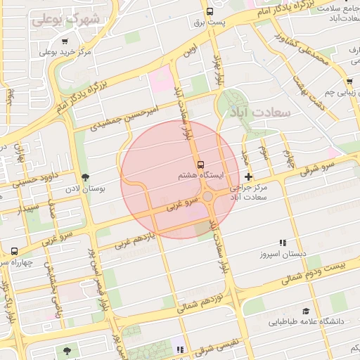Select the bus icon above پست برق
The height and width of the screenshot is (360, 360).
pyautogui.click(x=210, y=11)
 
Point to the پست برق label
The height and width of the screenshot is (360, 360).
pyautogui.click(x=210, y=22)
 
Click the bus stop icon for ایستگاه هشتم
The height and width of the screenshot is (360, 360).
pyautogui.click(x=200, y=161)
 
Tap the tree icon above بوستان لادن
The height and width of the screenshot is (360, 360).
pyautogui.click(x=86, y=178)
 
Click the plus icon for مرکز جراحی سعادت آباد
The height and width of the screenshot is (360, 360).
pyautogui.click(x=247, y=176)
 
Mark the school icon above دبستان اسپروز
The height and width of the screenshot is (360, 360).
pyautogui.click(x=283, y=242)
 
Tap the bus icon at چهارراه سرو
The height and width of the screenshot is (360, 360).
pyautogui.click(x=15, y=251)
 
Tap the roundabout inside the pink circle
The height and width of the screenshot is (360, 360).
pyautogui.click(x=209, y=197)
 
